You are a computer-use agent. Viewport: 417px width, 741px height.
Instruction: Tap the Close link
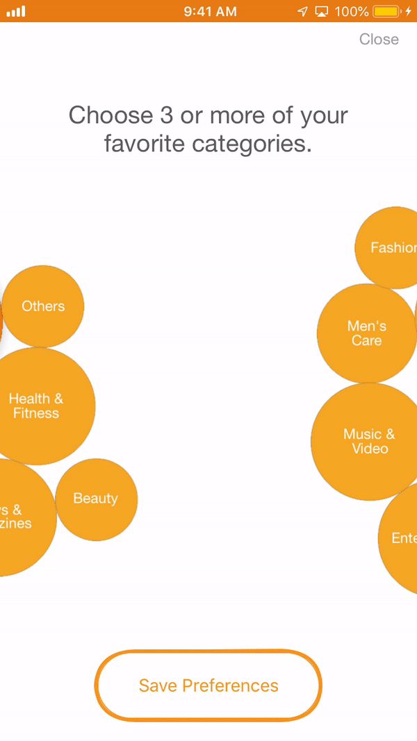pyautogui.click(x=379, y=40)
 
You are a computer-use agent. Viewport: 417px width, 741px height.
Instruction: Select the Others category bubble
pyautogui.click(x=43, y=306)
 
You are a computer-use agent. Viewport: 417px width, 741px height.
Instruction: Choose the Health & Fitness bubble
pyautogui.click(x=36, y=406)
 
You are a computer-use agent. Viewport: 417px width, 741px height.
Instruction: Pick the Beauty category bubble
pyautogui.click(x=96, y=499)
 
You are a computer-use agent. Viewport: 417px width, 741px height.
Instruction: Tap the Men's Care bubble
pyautogui.click(x=366, y=333)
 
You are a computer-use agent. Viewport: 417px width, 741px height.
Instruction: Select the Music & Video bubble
pyautogui.click(x=369, y=442)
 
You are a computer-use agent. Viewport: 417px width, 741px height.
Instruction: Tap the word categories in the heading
pyautogui.click(x=252, y=144)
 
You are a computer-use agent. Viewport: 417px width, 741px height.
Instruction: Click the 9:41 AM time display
pyautogui.click(x=211, y=12)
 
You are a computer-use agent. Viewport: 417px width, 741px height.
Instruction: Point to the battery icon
pyautogui.click(x=388, y=12)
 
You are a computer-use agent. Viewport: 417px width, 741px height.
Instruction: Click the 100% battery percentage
pyautogui.click(x=351, y=12)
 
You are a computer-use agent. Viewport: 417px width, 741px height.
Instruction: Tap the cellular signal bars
pyautogui.click(x=16, y=12)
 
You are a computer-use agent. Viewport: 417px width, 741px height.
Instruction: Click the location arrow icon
pyautogui.click(x=302, y=12)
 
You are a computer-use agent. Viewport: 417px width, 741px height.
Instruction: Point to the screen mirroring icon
pyautogui.click(x=321, y=12)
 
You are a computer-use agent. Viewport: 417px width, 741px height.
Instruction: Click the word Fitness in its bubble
pyautogui.click(x=36, y=414)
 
